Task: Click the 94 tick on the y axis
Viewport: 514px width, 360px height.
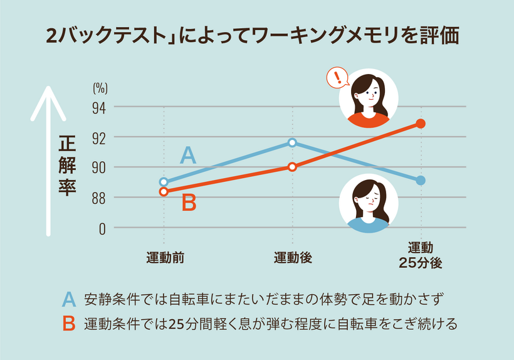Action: coord(100,107)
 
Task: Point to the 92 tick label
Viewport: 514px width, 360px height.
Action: coord(100,137)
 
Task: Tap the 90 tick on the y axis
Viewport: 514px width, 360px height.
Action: coord(100,167)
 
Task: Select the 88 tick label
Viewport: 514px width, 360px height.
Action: coord(100,197)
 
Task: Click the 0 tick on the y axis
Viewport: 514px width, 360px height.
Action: coord(102,228)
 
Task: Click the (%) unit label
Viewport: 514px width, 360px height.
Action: coord(100,88)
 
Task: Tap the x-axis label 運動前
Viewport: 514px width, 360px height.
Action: coord(164,257)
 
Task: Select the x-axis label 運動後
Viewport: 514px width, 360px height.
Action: coord(293,257)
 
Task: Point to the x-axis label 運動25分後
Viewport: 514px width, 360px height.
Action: coord(421,256)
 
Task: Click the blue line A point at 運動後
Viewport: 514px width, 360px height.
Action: coord(292,142)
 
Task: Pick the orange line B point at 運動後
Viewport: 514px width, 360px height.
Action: coord(292,167)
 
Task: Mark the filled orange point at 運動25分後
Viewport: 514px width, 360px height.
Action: coord(421,124)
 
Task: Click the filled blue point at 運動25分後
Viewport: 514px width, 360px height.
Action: coord(421,181)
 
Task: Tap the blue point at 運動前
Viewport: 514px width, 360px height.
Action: coord(164,182)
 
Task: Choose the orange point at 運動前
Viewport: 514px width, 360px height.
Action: coord(164,191)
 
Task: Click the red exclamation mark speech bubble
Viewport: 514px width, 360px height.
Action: coord(338,78)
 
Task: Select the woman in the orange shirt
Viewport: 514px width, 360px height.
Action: coord(369,98)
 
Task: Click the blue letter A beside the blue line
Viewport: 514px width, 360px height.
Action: coord(188,156)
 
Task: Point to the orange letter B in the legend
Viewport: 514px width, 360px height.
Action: coord(69,324)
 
